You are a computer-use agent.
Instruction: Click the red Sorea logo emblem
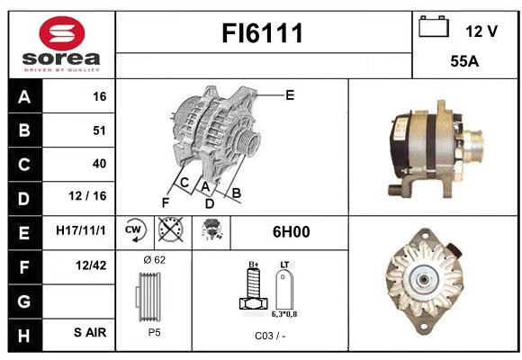coord(62,33)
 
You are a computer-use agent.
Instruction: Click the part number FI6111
coord(262,33)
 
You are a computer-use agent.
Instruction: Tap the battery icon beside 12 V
coord(434,27)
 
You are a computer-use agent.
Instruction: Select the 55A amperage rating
coord(464,61)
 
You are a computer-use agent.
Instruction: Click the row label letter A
coord(24,97)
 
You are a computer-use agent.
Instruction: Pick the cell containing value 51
coord(78,130)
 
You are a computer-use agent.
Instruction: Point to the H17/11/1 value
coord(81,230)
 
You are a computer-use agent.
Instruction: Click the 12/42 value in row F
coord(91,265)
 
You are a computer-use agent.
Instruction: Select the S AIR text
coord(90,332)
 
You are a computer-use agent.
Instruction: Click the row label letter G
coord(24,301)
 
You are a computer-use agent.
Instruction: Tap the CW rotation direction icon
coord(135,230)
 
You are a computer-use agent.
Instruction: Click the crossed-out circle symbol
coord(171,229)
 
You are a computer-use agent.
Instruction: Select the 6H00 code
coord(291,232)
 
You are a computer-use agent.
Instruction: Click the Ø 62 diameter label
coord(154,260)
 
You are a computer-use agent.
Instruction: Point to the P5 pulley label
coord(154,332)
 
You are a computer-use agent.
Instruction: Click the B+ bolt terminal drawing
coord(254,288)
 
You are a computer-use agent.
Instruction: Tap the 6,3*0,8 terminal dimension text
coord(284,314)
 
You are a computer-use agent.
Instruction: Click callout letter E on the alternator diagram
coord(290,95)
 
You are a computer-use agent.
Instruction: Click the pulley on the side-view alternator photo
coord(474,146)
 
